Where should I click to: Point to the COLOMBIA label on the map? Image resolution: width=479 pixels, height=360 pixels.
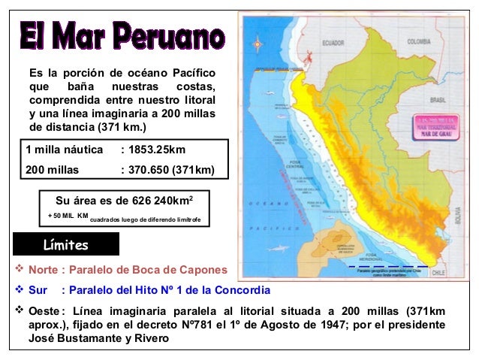click(418, 43)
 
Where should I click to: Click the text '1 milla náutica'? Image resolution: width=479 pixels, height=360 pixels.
click(64, 150)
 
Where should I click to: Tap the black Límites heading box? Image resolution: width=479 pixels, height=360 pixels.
click(66, 245)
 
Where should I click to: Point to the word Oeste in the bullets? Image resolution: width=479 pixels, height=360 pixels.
click(44, 310)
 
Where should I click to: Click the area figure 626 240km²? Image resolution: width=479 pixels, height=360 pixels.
click(160, 201)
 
